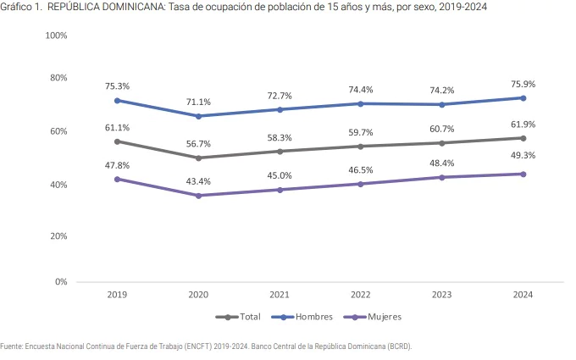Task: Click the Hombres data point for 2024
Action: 523,97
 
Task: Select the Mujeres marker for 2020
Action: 199,196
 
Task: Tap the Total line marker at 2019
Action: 118,141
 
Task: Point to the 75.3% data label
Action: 117,86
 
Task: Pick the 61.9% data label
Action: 523,125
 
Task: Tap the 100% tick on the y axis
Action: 56,36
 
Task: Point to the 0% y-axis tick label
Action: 60,282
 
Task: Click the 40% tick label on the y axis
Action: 58,185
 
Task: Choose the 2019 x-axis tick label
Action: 118,295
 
